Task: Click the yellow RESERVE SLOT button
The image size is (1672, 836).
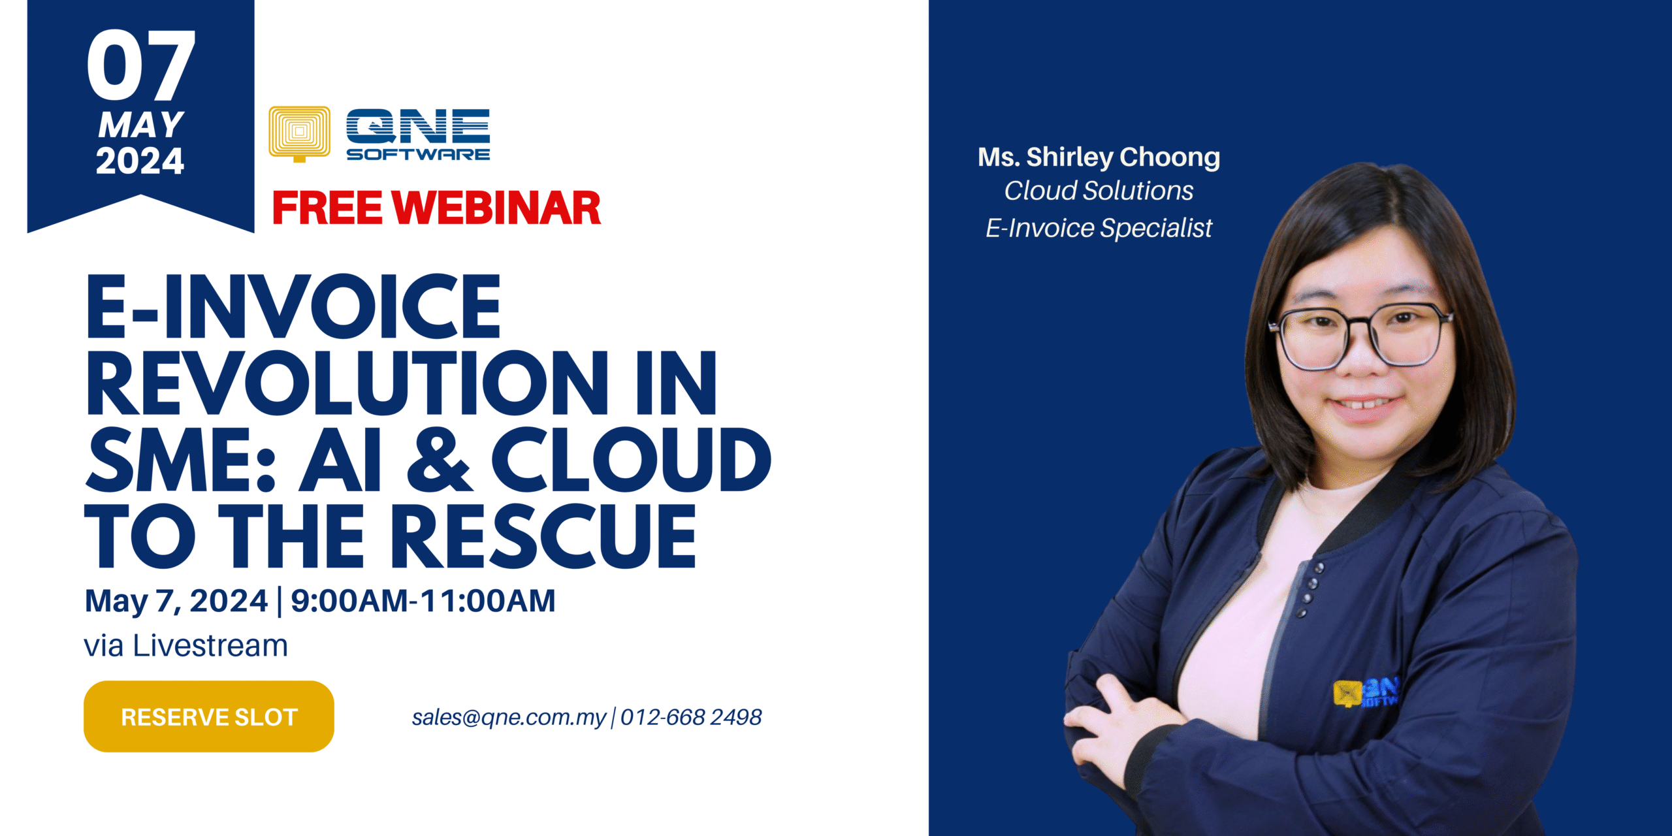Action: coord(209,716)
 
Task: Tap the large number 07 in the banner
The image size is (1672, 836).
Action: coord(140,65)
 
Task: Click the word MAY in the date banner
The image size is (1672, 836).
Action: coord(141,125)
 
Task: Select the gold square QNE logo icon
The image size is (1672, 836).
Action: coord(299,134)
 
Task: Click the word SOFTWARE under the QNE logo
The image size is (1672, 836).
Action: coord(418,154)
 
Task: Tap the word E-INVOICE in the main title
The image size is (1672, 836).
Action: coord(293,306)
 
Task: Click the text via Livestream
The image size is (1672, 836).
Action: coord(186,646)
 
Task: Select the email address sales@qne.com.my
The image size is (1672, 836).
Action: coord(509,717)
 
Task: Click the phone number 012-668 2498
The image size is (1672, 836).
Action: coord(691,717)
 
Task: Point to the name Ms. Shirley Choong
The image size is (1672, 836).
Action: coord(1099,157)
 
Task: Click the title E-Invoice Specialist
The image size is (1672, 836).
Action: coord(1099,228)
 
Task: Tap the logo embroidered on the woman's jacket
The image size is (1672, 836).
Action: coord(1364,693)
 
